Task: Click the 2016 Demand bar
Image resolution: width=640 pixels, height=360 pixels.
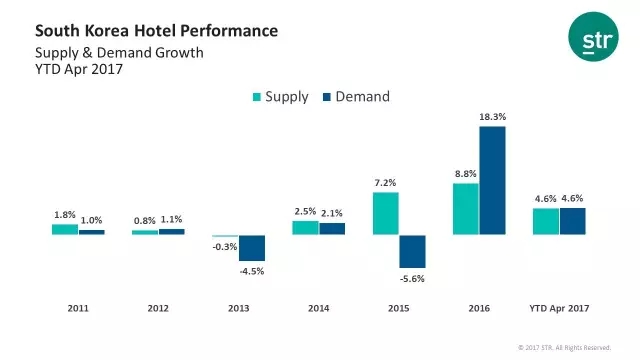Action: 492,180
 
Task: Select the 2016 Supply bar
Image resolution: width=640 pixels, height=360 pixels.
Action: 466,209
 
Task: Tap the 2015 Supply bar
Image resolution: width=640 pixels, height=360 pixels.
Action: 386,213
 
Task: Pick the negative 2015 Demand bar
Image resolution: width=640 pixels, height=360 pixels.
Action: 412,251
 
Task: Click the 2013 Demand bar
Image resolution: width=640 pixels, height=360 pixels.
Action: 252,248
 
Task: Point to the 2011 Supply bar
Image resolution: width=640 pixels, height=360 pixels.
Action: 65,229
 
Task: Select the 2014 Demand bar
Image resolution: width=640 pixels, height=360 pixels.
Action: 332,229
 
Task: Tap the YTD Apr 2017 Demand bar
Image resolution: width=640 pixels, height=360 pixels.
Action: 573,221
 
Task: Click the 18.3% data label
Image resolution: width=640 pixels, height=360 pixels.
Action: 493,117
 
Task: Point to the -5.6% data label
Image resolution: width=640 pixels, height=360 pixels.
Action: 412,279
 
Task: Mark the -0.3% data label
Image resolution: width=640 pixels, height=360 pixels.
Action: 225,247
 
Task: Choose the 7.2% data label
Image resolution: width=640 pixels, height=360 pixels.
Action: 385,183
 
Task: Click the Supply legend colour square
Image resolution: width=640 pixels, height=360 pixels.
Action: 257,97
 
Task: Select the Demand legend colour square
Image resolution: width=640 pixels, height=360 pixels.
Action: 327,97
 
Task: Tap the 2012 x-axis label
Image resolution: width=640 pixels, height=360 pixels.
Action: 158,308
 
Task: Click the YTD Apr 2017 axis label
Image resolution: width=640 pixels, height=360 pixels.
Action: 559,308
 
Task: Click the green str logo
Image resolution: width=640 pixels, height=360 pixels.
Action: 593,37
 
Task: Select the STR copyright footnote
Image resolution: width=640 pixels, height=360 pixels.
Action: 564,348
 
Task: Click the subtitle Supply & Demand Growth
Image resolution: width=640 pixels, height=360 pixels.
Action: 119,53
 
